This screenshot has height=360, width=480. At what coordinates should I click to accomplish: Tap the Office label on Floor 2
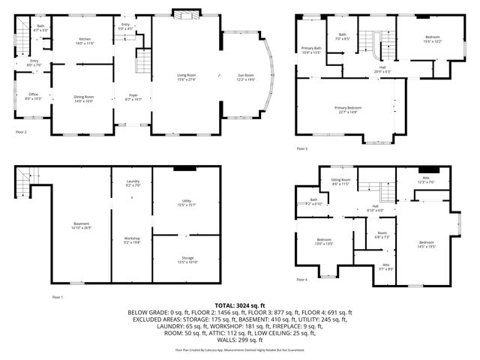pyautogui.click(x=33, y=96)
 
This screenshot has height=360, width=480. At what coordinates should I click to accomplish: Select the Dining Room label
pyautogui.click(x=84, y=97)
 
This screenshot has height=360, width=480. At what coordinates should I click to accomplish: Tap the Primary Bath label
pyautogui.click(x=310, y=50)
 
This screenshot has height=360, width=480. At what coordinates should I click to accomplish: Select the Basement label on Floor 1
pyautogui.click(x=81, y=224)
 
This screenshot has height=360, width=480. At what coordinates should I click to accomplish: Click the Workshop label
pyautogui.click(x=132, y=240)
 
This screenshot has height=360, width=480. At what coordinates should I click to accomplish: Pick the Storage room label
pyautogui.click(x=186, y=259)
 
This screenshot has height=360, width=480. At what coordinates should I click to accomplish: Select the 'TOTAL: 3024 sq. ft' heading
pyautogui.click(x=239, y=305)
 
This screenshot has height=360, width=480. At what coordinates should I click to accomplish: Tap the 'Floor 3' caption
pyautogui.click(x=301, y=148)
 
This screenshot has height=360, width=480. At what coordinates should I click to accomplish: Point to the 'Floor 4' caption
pyautogui.click(x=301, y=280)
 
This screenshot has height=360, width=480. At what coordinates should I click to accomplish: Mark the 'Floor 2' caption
pyautogui.click(x=21, y=132)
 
